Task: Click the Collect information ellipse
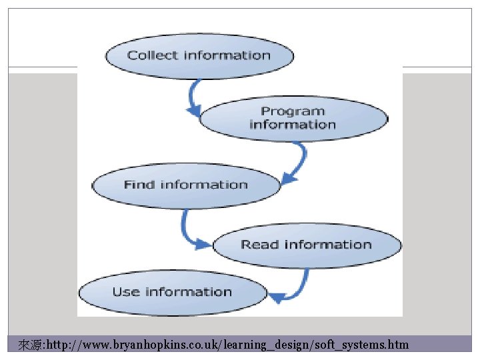[x=199, y=55]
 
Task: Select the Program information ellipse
[x=293, y=119]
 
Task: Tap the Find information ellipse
[x=185, y=185]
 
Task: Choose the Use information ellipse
[x=172, y=292]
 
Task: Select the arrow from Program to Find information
[x=297, y=163]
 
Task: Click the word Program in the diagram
[x=293, y=111]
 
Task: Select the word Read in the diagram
[x=259, y=245]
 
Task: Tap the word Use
[x=125, y=292]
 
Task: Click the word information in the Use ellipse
[x=189, y=292]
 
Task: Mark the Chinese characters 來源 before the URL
[x=29, y=345]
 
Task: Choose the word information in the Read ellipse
[x=327, y=245]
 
